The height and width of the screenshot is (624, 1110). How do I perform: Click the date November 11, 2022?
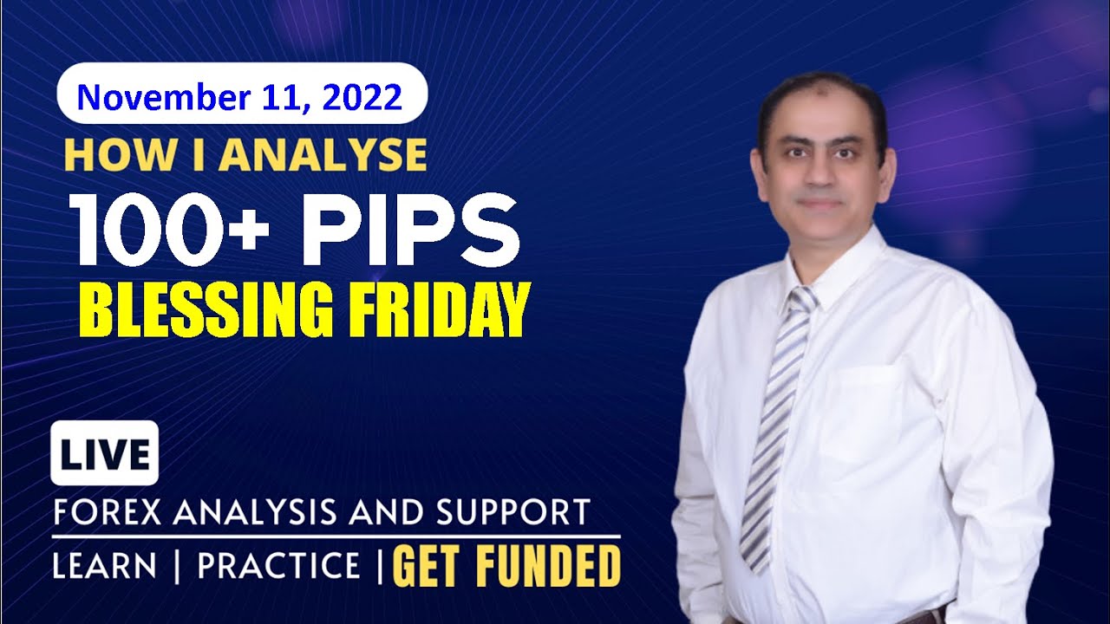point(240,98)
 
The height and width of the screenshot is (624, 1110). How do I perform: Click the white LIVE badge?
point(105,453)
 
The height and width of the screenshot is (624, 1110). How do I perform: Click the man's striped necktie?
point(774,425)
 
